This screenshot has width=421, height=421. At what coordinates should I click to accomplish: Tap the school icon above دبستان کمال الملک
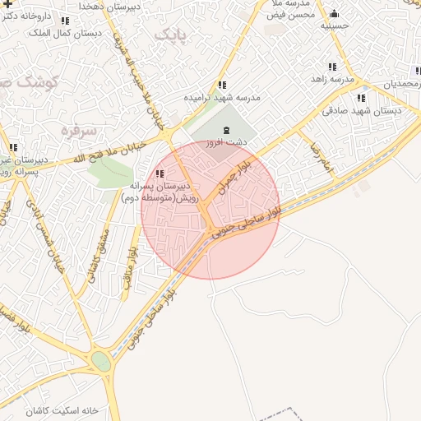[65, 21]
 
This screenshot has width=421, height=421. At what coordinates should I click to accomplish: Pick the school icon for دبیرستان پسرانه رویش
[160, 173]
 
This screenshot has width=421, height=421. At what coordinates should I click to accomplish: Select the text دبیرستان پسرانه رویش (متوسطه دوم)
[161, 193]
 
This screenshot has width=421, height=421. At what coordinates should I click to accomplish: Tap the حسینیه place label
[335, 26]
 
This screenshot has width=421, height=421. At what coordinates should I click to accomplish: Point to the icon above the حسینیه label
[334, 13]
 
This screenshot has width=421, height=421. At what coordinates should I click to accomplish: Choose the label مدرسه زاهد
[332, 79]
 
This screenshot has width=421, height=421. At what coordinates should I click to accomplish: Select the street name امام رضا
[321, 157]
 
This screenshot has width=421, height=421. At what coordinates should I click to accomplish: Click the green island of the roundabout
[101, 361]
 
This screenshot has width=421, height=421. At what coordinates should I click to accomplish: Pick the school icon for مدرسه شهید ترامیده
[222, 85]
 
